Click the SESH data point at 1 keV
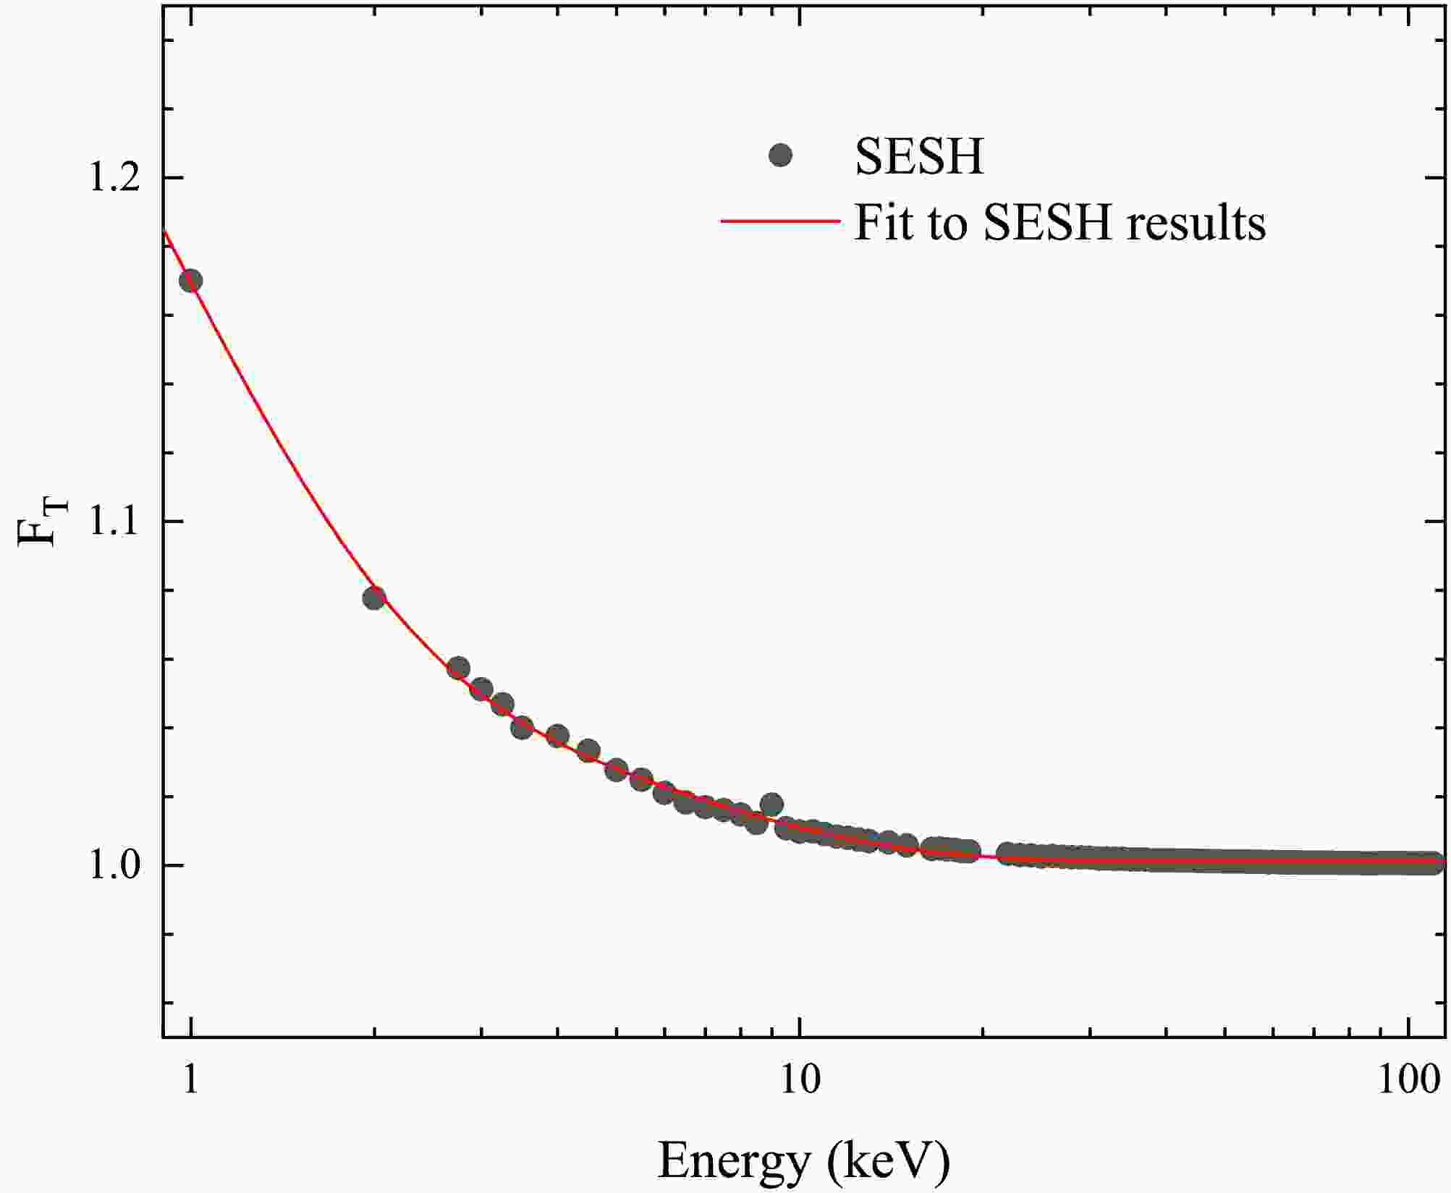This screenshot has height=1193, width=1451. coord(190,281)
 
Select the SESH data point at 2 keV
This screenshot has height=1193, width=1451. coord(373,598)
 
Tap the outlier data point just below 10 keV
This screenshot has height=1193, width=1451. coord(771,804)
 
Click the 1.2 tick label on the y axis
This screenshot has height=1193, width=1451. coord(113,178)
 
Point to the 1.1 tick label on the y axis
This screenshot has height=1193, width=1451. coord(113,522)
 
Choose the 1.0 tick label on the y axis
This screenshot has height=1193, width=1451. coord(113,865)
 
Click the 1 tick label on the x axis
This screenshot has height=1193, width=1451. coord(190,1081)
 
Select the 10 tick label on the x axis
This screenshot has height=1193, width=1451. coord(799,1081)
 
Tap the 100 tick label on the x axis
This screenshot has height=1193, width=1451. coord(1408,1081)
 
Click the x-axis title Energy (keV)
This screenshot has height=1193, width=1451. coord(803,1160)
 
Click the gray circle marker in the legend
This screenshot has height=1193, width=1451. coord(780,155)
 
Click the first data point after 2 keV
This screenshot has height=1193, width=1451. coord(458,668)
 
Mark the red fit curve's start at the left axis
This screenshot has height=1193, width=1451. coord(166,232)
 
